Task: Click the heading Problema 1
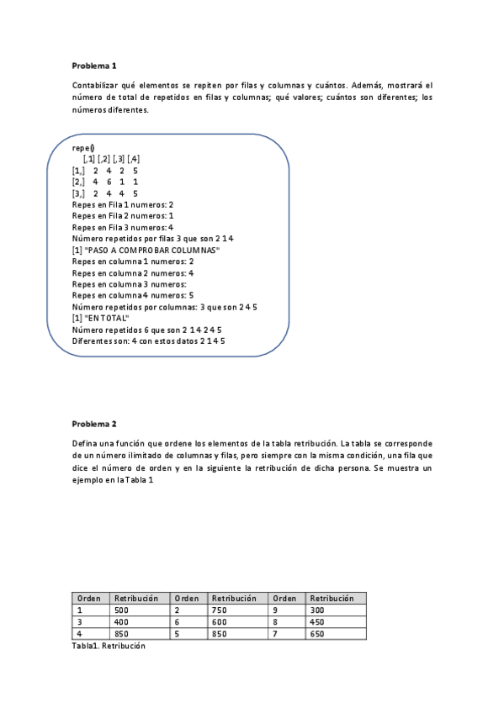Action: tap(94, 65)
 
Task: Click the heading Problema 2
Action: tap(94, 424)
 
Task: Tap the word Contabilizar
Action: tap(98, 86)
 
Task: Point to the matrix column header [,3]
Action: tap(119, 159)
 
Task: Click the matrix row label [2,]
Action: tap(78, 182)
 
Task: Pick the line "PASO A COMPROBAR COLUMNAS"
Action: tap(151, 251)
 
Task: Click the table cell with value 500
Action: tap(122, 610)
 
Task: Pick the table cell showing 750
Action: tap(220, 610)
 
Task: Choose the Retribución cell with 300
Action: tap(317, 610)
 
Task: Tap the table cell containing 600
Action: tap(220, 622)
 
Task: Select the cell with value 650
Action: tap(317, 634)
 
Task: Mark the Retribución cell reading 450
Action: tap(317, 622)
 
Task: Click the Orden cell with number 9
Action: tap(277, 610)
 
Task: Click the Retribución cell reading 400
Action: tap(122, 622)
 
